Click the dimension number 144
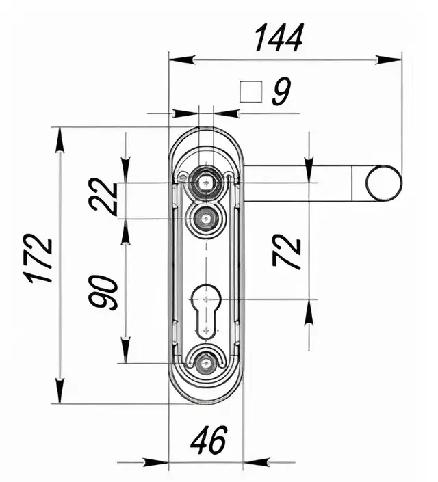pyautogui.click(x=279, y=38)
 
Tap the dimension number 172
pyautogui.click(x=39, y=258)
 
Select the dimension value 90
pyautogui.click(x=103, y=293)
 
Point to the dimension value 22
pyautogui.click(x=103, y=197)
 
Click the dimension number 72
pyautogui.click(x=287, y=252)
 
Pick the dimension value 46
pyautogui.click(x=209, y=440)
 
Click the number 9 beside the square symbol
pyautogui.click(x=281, y=91)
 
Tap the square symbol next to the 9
pyautogui.click(x=251, y=92)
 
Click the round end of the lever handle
pyautogui.click(x=384, y=183)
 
